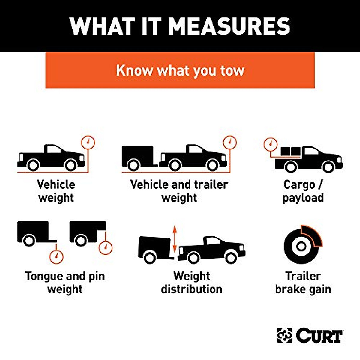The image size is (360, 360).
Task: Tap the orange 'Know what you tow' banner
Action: [180, 70]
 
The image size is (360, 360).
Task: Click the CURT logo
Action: [310, 335]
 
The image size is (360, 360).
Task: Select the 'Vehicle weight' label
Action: [56, 191]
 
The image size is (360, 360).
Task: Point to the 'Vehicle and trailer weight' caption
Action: [179, 191]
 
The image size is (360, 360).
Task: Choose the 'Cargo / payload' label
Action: [303, 191]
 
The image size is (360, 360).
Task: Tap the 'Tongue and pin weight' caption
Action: [65, 283]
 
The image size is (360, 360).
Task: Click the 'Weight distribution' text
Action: [191, 283]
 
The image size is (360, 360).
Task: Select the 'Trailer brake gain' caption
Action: [303, 283]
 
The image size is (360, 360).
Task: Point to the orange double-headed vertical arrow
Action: [175, 239]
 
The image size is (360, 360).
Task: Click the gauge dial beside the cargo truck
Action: [270, 144]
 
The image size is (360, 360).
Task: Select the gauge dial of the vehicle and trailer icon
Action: [230, 142]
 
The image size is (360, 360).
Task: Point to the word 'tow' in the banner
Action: [232, 71]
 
